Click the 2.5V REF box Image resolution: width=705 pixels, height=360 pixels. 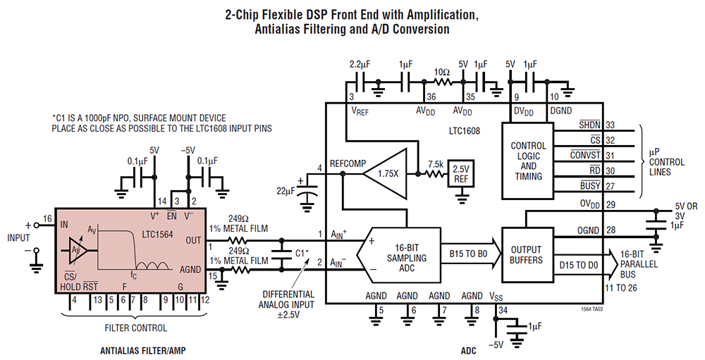460,173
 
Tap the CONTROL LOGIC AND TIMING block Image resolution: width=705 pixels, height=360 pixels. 528,161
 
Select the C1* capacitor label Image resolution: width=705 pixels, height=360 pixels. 301,252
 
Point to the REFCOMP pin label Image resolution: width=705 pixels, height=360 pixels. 345,164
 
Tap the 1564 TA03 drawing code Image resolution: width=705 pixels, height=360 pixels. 592,309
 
